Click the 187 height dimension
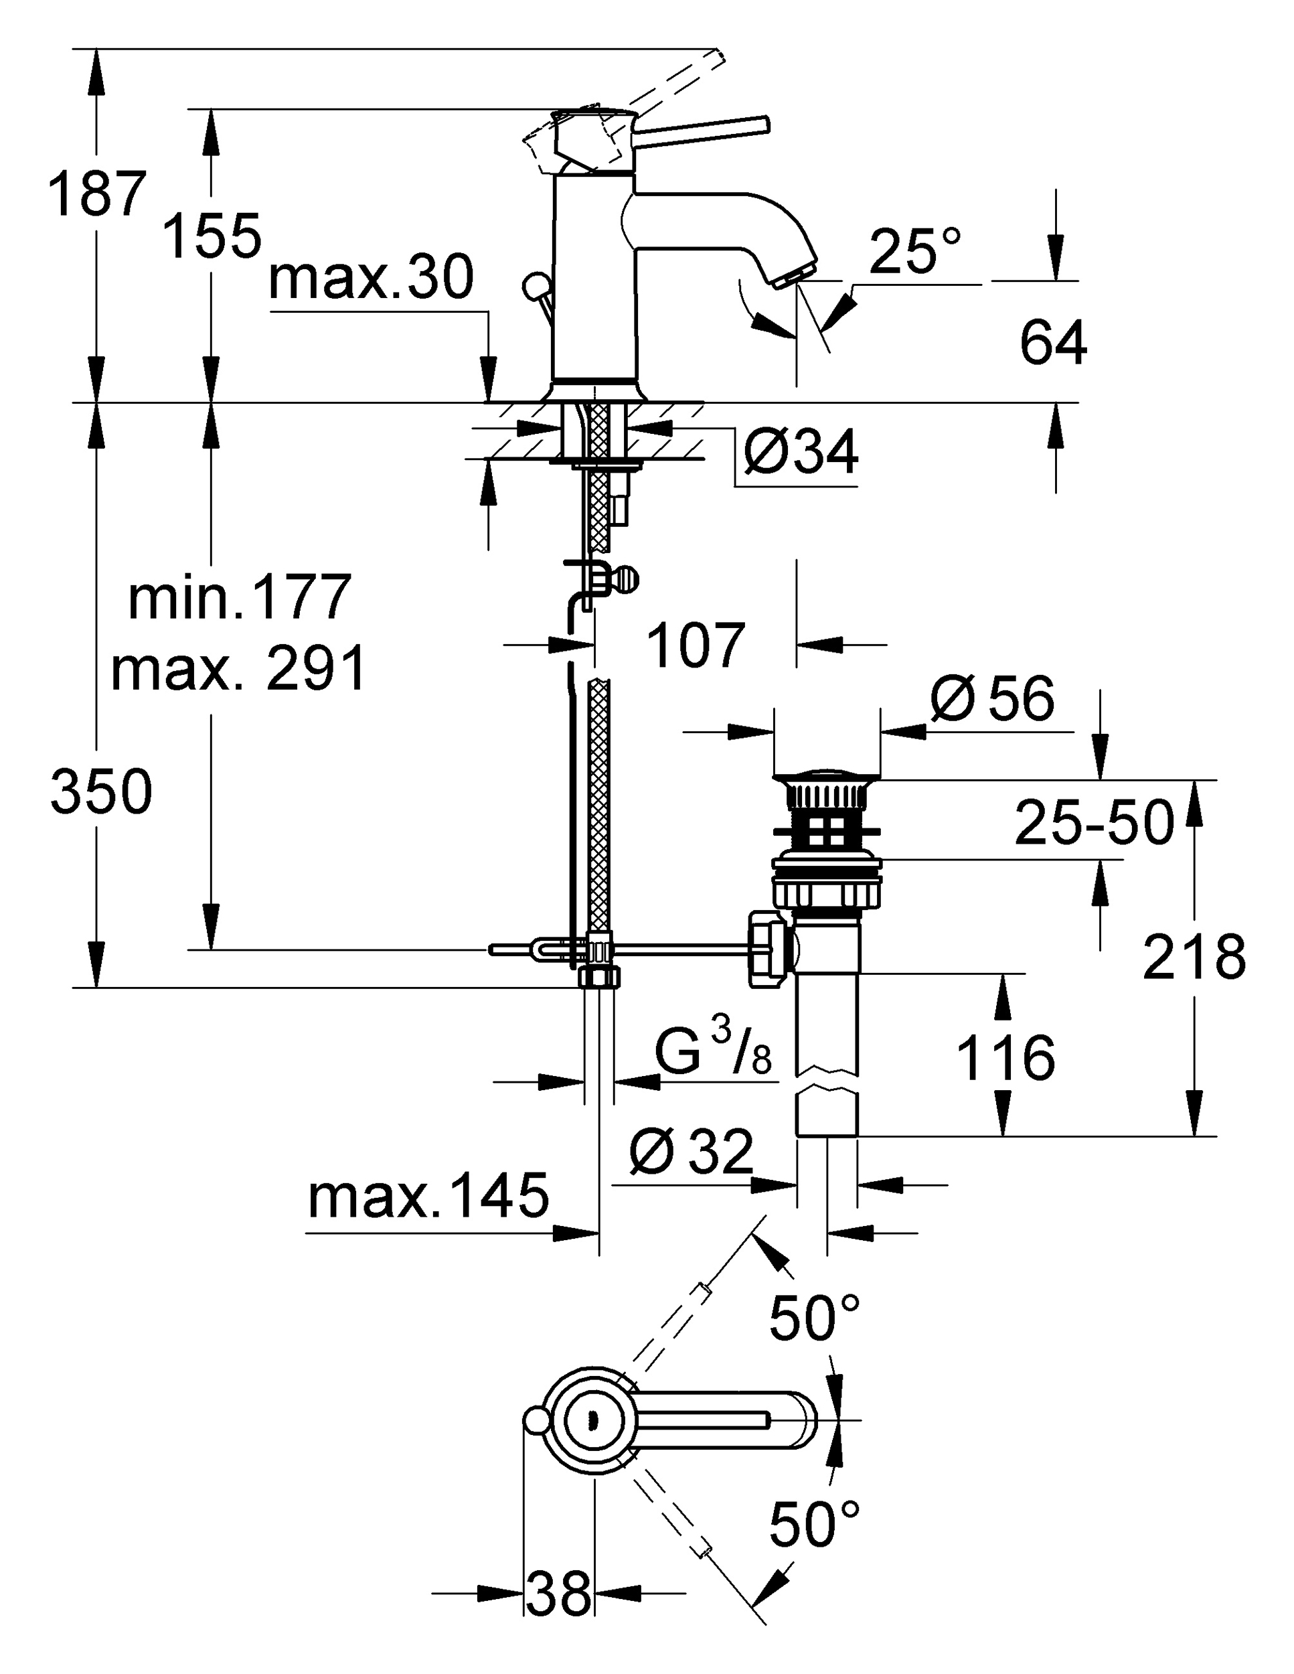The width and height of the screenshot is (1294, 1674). pos(96,195)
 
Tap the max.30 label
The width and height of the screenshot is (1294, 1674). pos(371,279)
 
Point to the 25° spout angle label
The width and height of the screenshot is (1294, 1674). pos(914,250)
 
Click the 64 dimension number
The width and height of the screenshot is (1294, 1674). pos(1052,344)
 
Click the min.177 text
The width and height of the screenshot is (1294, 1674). pos(240,598)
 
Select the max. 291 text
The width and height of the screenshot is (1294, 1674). pos(238,669)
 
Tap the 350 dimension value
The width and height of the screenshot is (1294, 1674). pos(101,791)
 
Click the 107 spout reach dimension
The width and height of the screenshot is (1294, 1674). pos(696,645)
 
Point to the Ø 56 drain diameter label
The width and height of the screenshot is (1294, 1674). pos(993,698)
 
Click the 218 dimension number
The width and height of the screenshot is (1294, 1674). pos(1194,958)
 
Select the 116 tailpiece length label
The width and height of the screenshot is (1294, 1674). pos(1006,1059)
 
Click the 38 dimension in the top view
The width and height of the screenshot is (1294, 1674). pos(559,1593)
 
